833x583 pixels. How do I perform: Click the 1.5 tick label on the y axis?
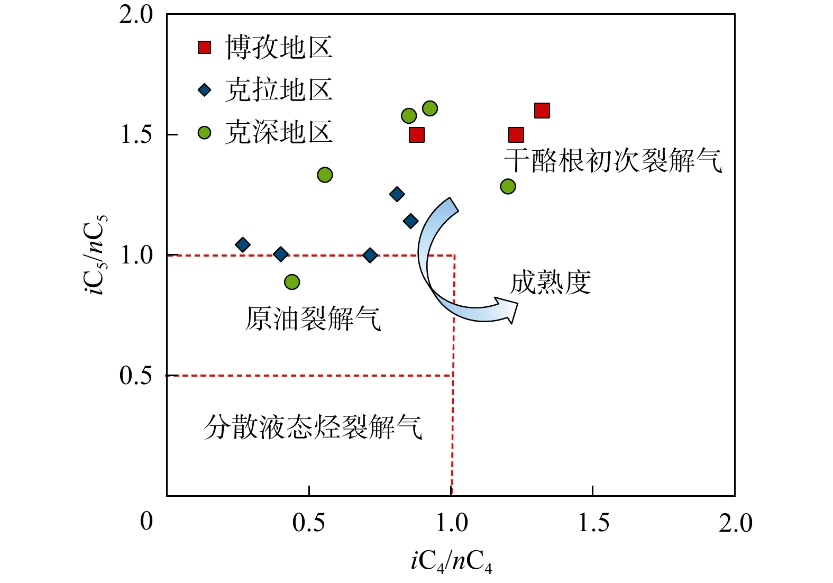(136, 135)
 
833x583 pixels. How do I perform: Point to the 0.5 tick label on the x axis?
(309, 523)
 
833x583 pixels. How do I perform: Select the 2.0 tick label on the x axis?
(735, 523)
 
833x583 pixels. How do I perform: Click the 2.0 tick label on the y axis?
(136, 15)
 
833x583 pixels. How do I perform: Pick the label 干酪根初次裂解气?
(613, 161)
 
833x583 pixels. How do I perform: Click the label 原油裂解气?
(313, 318)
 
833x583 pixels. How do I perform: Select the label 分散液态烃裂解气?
(313, 426)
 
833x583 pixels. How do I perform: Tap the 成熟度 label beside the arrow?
(550, 283)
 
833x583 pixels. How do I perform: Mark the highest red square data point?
(542, 111)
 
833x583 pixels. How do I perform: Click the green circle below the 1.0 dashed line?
(292, 282)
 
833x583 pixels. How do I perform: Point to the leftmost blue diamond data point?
(243, 245)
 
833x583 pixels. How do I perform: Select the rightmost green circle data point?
(508, 186)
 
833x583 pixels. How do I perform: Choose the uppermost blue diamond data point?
(397, 194)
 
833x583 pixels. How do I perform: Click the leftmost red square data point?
(417, 135)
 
